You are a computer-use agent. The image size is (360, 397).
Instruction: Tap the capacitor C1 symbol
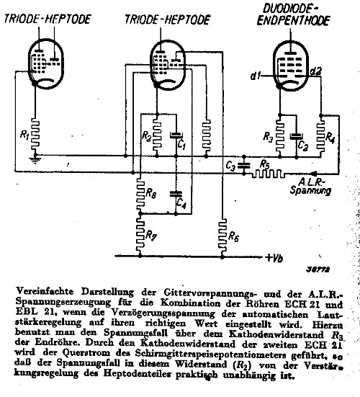(x=176, y=135)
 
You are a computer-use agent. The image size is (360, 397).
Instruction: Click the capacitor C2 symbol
(x=297, y=136)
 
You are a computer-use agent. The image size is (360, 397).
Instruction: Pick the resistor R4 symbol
(x=321, y=135)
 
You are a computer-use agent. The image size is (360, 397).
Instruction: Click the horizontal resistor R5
(x=266, y=174)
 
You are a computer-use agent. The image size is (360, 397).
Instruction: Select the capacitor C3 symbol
(x=243, y=166)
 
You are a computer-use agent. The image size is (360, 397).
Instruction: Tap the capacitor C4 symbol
(x=176, y=194)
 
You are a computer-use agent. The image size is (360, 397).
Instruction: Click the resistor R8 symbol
(x=140, y=193)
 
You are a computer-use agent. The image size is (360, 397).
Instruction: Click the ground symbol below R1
(x=35, y=160)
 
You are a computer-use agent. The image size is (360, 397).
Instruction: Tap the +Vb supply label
(x=274, y=258)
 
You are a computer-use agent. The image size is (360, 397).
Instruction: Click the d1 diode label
(x=256, y=76)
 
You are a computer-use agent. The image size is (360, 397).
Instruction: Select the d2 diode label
(x=316, y=71)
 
